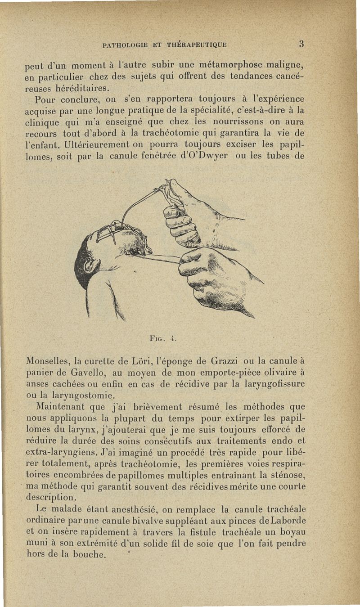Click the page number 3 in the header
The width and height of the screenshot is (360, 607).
pos(301,44)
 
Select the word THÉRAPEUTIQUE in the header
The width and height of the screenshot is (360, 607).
pos(196,45)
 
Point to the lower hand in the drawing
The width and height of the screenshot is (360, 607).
pos(216,279)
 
